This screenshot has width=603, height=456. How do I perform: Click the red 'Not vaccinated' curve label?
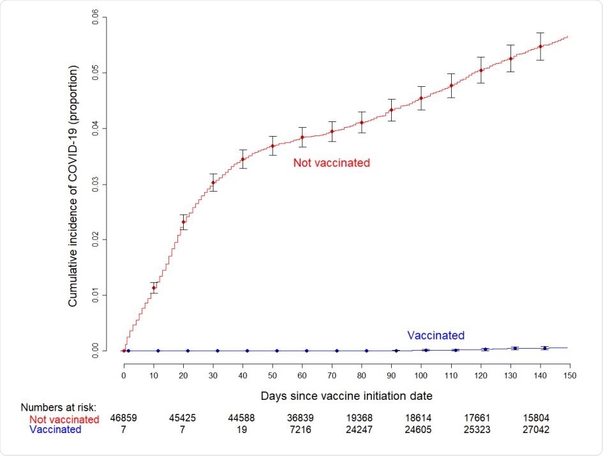click(331, 163)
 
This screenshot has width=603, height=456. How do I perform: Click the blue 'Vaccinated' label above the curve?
click(435, 335)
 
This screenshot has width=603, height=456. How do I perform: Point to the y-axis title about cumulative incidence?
click(74, 185)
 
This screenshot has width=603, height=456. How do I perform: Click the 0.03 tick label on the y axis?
click(95, 184)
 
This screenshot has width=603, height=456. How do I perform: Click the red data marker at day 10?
click(153, 288)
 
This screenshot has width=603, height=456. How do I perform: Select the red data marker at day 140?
click(540, 46)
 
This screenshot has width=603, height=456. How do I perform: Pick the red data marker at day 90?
click(392, 110)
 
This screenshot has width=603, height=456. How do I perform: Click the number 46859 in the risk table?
click(123, 419)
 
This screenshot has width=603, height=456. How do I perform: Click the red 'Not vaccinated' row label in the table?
click(64, 420)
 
